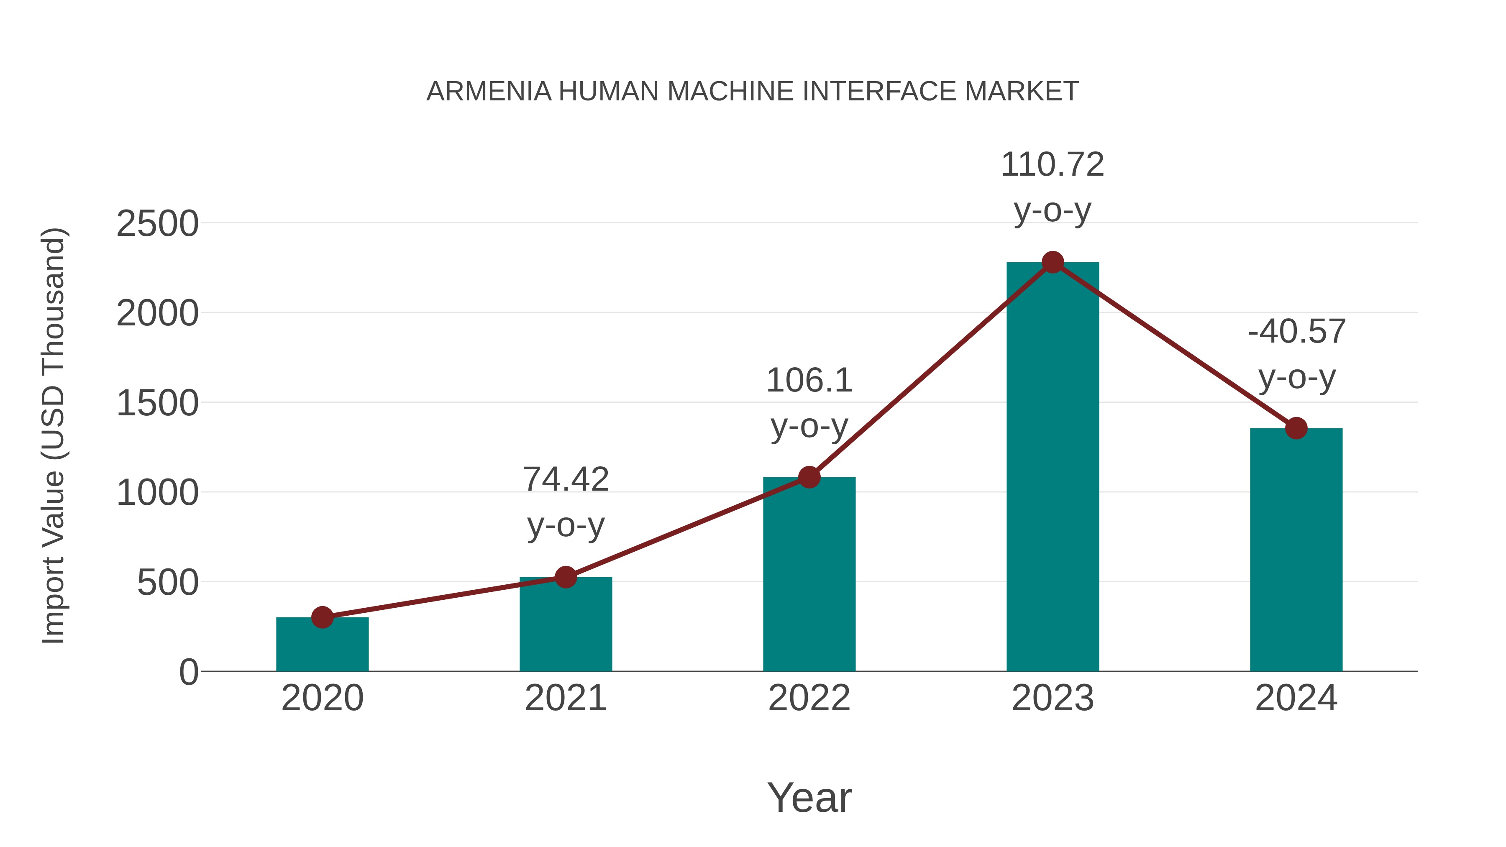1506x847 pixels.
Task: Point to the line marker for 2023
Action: pyautogui.click(x=1053, y=262)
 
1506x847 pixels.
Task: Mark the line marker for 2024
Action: pyautogui.click(x=1296, y=428)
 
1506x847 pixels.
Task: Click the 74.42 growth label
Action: pyautogui.click(x=565, y=479)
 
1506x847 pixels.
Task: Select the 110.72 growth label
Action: pyautogui.click(x=1053, y=164)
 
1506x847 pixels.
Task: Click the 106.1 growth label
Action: pyautogui.click(x=809, y=381)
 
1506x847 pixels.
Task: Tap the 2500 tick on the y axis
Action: pyautogui.click(x=157, y=223)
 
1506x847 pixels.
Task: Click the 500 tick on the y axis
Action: pyautogui.click(x=167, y=582)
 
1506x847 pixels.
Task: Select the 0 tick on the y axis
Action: pyautogui.click(x=189, y=672)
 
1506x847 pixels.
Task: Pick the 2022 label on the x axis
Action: pyautogui.click(x=809, y=698)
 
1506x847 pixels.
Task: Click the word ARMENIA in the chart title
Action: pyautogui.click(x=489, y=91)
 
